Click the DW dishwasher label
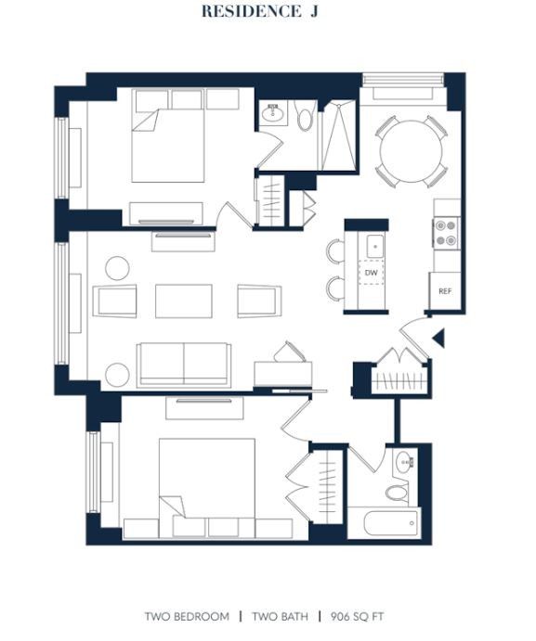(371, 272)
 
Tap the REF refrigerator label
(445, 291)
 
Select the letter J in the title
(313, 11)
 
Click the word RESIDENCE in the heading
(251, 11)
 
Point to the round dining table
(412, 151)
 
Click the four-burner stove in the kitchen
(446, 233)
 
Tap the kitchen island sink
(374, 247)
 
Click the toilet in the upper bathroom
(305, 115)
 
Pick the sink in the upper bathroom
(272, 113)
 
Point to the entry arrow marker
(439, 338)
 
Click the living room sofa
(184, 365)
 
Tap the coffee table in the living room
(184, 301)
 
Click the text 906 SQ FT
(357, 617)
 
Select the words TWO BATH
(281, 617)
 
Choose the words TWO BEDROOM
(187, 617)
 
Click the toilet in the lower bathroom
(398, 492)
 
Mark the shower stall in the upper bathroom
(338, 135)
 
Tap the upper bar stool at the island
(335, 250)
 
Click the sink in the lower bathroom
(405, 462)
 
